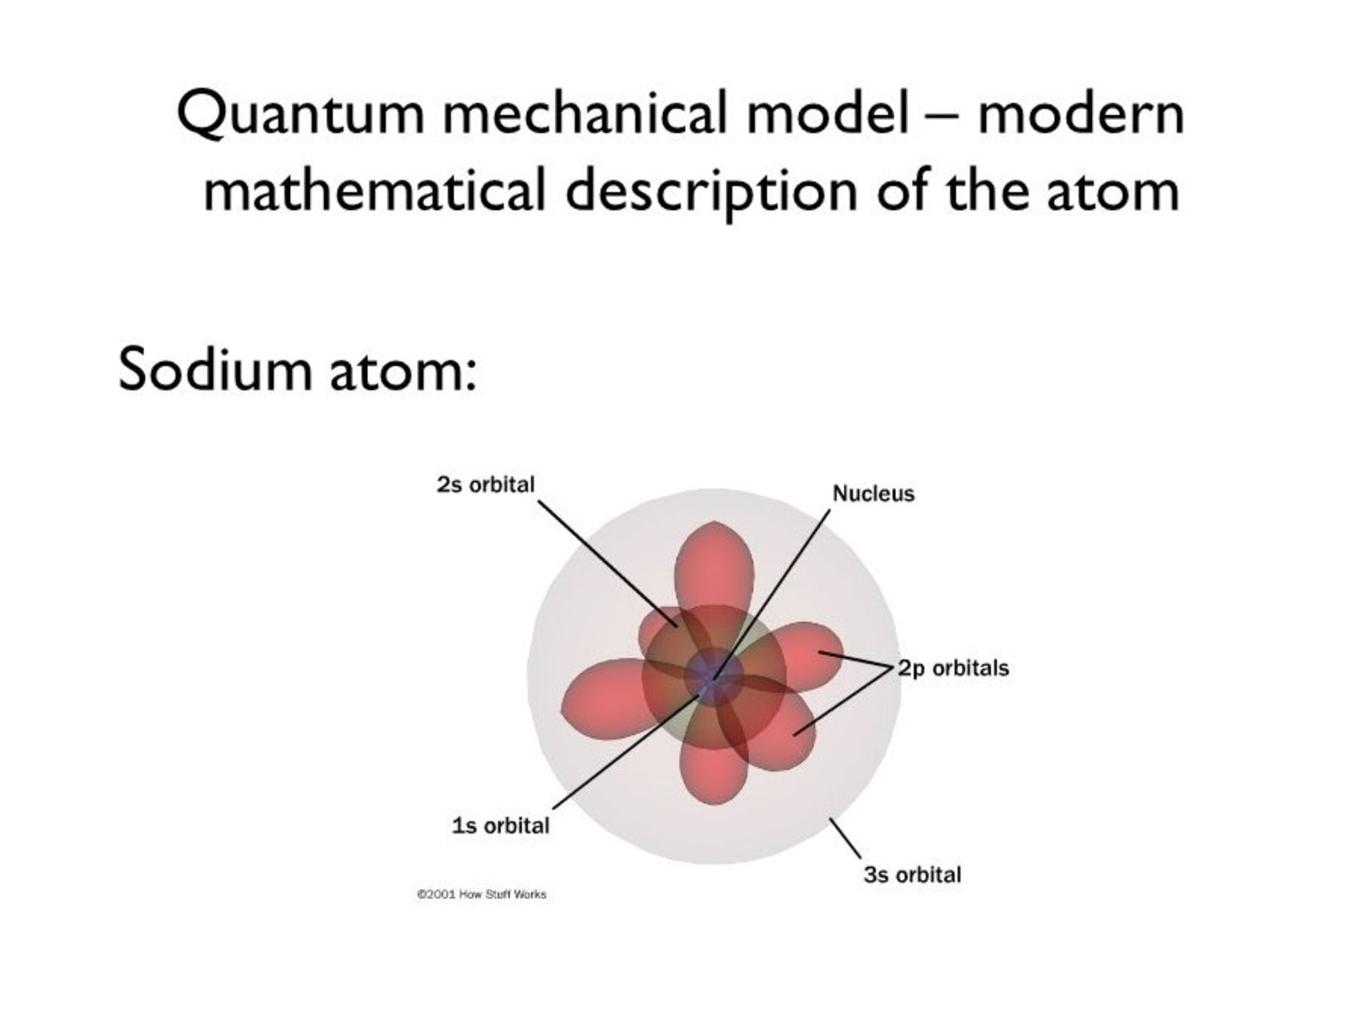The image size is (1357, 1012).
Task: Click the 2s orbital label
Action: point(486,485)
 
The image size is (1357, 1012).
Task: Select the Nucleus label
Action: point(874,493)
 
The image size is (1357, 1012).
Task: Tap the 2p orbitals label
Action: point(953,669)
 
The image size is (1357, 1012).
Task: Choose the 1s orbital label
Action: point(500,825)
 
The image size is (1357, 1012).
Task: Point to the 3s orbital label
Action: point(912,875)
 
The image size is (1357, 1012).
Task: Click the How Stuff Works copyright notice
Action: point(481,895)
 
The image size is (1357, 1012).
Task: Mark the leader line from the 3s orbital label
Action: point(845,840)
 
